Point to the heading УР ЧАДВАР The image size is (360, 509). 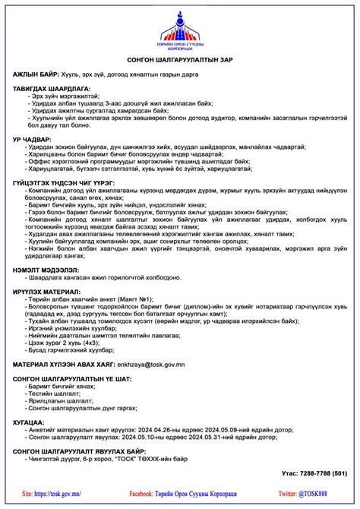pyautogui.click(x=32, y=140)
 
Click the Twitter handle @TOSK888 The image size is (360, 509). pyautogui.click(x=322, y=494)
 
